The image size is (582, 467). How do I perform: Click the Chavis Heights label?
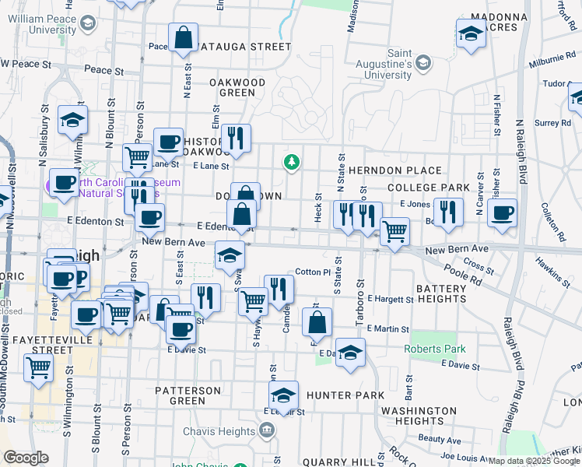(220, 430)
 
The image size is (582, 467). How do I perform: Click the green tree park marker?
(292, 162)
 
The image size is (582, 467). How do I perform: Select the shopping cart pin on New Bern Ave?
(395, 230)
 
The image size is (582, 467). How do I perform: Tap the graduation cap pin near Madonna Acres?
(471, 33)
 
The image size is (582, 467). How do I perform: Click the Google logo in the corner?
(26, 458)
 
